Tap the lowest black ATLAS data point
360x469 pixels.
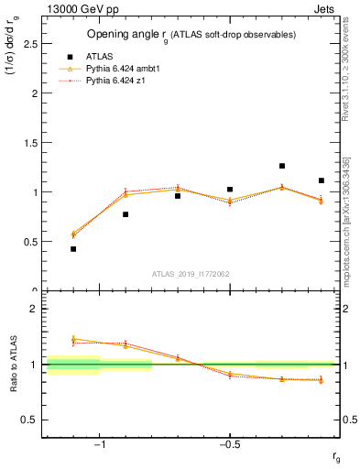pos(73,248)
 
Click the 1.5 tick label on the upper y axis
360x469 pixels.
pos(31,142)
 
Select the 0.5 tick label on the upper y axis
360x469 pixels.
pos(31,241)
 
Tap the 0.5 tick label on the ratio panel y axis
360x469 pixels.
pos(31,419)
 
